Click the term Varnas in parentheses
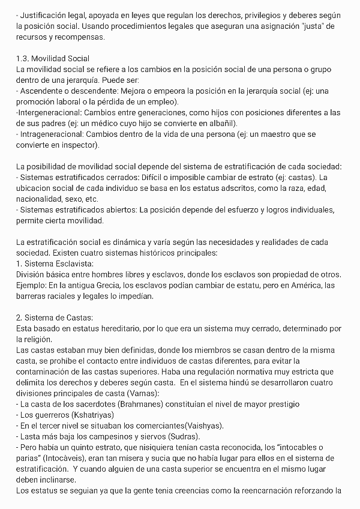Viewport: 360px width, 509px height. pyautogui.click(x=140, y=393)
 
